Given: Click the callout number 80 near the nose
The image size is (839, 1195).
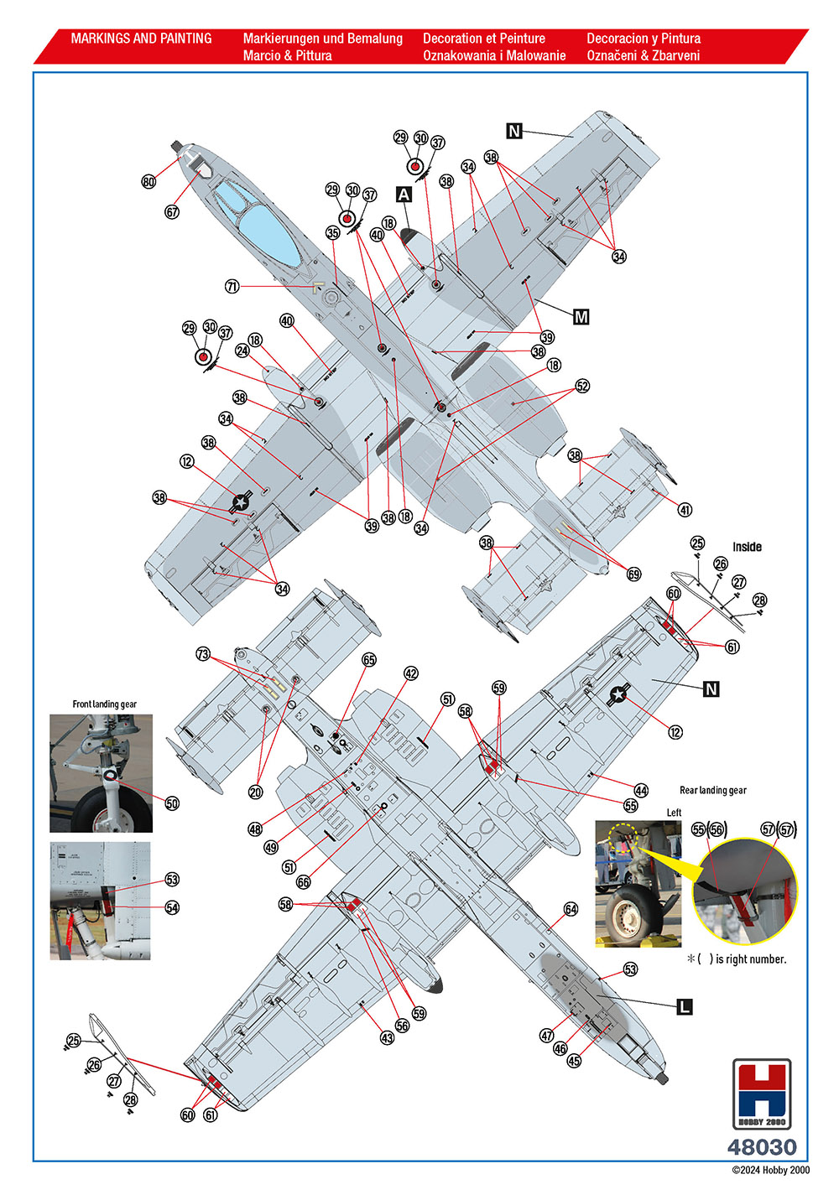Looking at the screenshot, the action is point(149,182).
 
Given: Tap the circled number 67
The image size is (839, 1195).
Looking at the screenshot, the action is point(172,212).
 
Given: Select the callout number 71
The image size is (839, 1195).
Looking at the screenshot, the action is point(232,287).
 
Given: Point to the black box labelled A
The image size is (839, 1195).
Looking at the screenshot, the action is point(404,195).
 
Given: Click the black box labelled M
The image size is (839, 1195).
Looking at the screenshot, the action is point(581,317).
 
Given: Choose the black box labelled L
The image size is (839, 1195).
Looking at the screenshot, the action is point(685,1006).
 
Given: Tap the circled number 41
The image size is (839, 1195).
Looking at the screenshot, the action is point(685,510).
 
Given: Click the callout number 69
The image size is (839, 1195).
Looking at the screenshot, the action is point(633,574).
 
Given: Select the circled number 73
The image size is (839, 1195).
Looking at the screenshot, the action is point(203,653).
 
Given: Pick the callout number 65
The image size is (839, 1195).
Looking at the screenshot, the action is point(369,660).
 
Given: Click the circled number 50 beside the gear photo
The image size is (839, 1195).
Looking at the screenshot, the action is point(172,803).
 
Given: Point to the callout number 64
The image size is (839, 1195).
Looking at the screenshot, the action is point(571,909).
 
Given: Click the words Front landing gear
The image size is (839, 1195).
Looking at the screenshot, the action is point(105,704).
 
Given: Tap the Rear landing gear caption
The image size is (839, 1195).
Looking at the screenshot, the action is point(713,790).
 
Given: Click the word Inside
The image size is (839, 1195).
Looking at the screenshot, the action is point(748,547).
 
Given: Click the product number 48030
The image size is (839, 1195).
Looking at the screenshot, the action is point(762,1147).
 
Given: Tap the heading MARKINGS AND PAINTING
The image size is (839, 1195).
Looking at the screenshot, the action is point(142,39).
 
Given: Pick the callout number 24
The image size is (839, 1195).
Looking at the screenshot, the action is point(242,351).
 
